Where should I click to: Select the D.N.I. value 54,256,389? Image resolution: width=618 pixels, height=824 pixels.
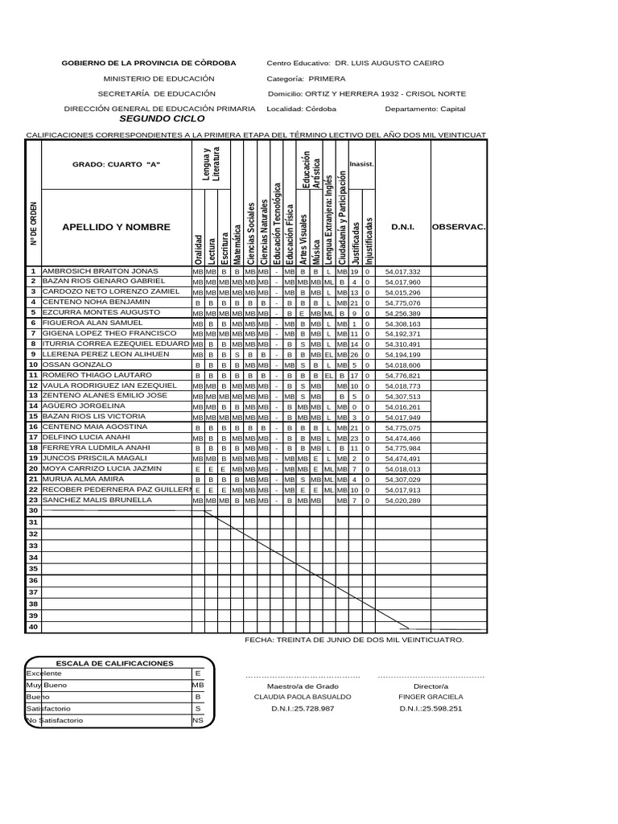[x=403, y=313]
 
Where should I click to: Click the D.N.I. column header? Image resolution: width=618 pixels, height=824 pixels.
[x=402, y=228]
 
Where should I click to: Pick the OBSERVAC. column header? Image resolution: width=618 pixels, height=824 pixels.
[x=459, y=228]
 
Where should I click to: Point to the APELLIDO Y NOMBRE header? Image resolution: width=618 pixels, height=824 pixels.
[x=116, y=228]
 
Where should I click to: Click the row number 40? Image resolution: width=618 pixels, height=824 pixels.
[x=33, y=627]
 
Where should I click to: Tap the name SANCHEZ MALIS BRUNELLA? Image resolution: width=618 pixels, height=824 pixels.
[x=97, y=500]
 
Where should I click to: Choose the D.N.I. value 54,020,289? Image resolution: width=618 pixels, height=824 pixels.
[x=403, y=501]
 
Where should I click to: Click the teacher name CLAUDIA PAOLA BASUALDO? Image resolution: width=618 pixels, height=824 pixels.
[x=302, y=696]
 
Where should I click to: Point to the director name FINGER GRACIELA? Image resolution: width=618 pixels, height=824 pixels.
[x=431, y=696]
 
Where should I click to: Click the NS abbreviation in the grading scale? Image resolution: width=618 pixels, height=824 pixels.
[x=198, y=720]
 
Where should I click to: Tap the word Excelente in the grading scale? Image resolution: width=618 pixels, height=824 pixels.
[x=44, y=673]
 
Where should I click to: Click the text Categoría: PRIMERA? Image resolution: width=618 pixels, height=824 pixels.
[x=306, y=79]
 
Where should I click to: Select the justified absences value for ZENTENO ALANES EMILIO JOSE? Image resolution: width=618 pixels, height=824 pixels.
[x=354, y=397]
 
